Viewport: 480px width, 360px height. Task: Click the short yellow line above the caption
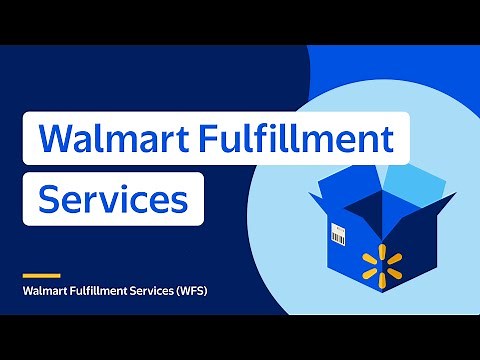coord(41,275)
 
